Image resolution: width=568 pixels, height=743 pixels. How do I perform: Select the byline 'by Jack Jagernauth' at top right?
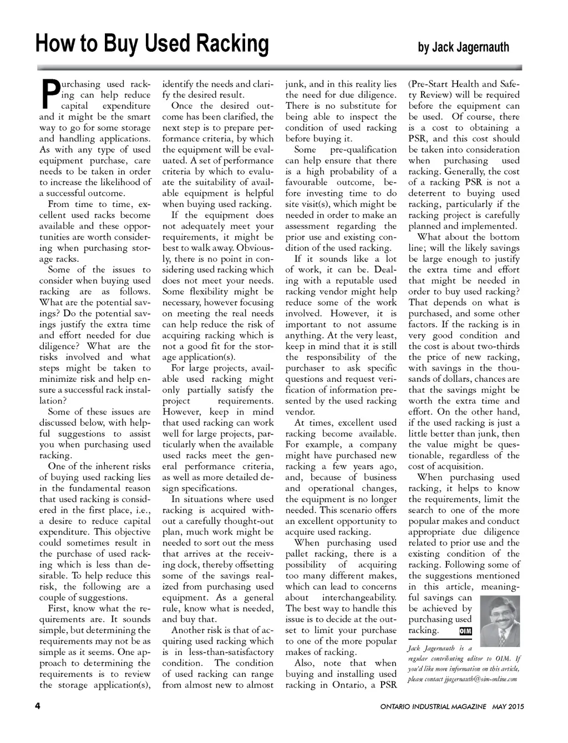coord(463,47)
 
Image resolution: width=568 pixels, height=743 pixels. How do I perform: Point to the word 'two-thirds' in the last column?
coord(498,346)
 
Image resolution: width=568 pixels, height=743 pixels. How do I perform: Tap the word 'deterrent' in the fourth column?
coord(429,194)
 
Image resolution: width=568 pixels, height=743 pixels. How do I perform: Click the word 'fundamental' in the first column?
coord(124,488)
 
